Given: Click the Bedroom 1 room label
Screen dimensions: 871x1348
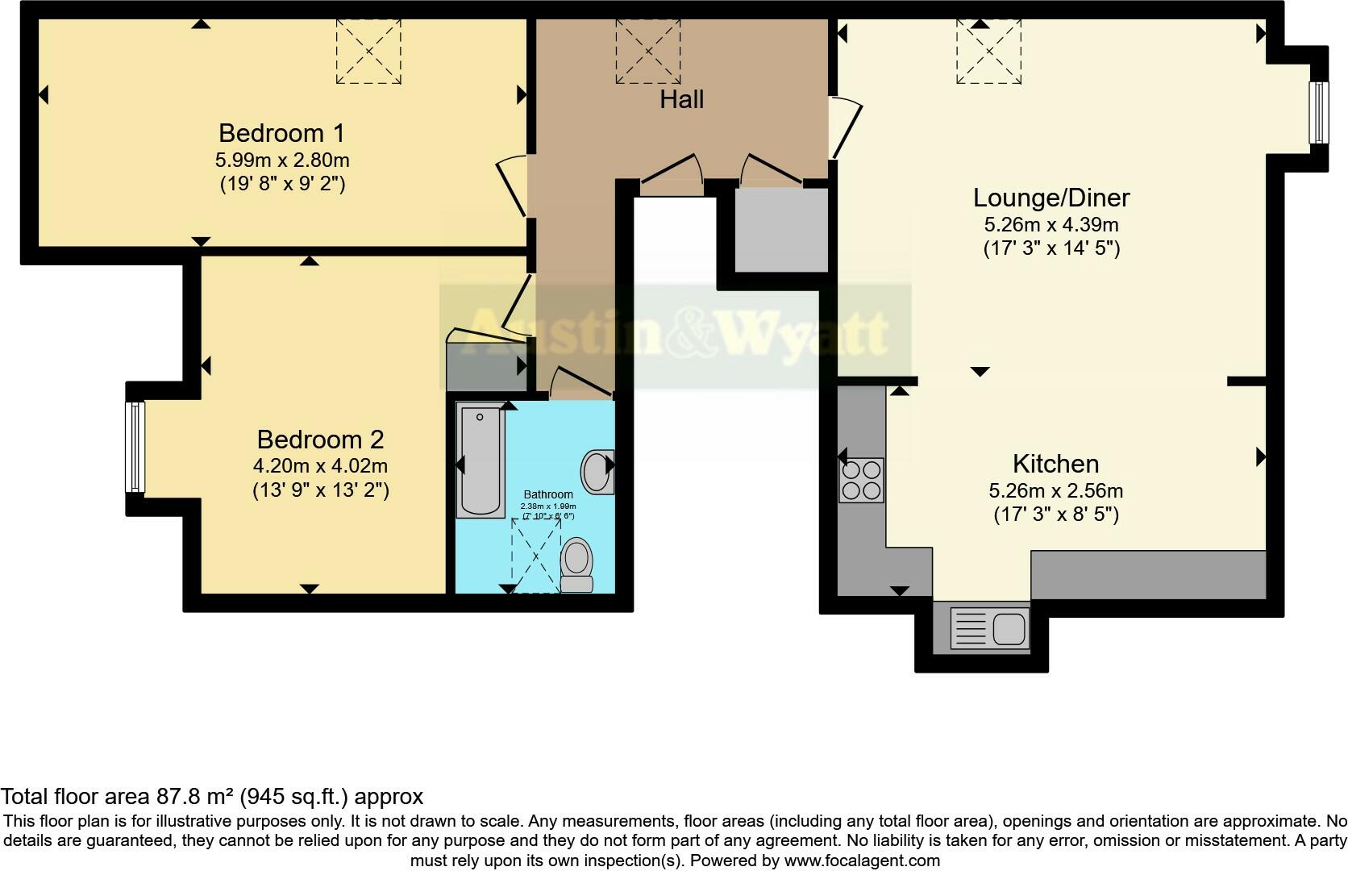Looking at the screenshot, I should pos(281,133).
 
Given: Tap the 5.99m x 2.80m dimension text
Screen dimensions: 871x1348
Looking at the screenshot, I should pos(281,160).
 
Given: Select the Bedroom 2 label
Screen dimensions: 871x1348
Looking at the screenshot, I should pos(320,440).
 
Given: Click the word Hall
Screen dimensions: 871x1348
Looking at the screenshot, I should pos(681,100).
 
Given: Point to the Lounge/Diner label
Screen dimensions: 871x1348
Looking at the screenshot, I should pos(1051,198).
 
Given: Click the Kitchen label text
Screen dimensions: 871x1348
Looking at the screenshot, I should pos(1055,464).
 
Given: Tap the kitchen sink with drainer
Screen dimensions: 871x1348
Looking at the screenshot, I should pos(989,627).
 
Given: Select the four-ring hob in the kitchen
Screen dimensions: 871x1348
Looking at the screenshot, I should pos(861,480).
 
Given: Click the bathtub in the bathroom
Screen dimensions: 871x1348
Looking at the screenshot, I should pos(481,460).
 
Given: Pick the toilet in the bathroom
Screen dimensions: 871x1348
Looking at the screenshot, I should pos(576,565).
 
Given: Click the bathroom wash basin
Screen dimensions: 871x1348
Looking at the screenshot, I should pos(597,472).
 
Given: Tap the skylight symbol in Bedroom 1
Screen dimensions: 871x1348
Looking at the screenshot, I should pos(368,51).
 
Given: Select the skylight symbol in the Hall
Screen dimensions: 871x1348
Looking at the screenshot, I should pos(647,51).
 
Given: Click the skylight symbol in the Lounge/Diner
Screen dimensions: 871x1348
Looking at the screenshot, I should pos(988,51).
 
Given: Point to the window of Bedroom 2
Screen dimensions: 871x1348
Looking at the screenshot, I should pos(135,447).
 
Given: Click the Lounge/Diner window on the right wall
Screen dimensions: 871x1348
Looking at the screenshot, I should pos(1319,112).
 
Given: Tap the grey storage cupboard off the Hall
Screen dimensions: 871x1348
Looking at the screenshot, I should pos(781,230).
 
